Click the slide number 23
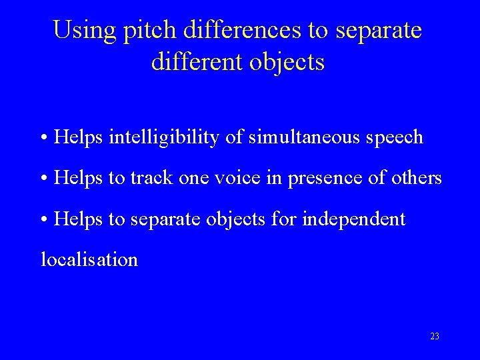[x=435, y=337]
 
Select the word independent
[x=353, y=219]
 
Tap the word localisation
[x=89, y=259]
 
